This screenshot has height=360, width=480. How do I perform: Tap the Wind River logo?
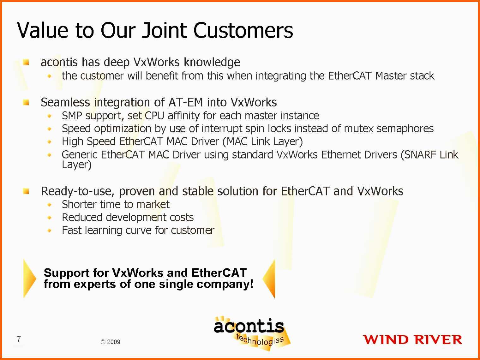[x=412, y=340]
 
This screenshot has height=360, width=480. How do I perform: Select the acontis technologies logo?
[x=251, y=333]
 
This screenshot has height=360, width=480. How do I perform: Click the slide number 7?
[x=19, y=339]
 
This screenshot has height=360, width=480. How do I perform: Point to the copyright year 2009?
[x=113, y=342]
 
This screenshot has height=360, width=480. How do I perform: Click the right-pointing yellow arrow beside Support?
[x=29, y=279]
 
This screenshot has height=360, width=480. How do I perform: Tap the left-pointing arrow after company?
[x=269, y=279]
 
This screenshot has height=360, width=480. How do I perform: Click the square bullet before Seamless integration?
[x=26, y=102]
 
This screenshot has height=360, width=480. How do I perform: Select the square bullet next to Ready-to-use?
[x=26, y=191]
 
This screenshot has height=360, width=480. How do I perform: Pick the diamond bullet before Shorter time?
[x=50, y=205]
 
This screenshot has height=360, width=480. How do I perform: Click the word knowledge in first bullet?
[x=212, y=63]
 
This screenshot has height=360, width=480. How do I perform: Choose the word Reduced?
[x=82, y=217]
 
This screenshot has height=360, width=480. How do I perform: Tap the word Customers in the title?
[x=243, y=31]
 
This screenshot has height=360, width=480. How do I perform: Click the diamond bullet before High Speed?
[x=50, y=142]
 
